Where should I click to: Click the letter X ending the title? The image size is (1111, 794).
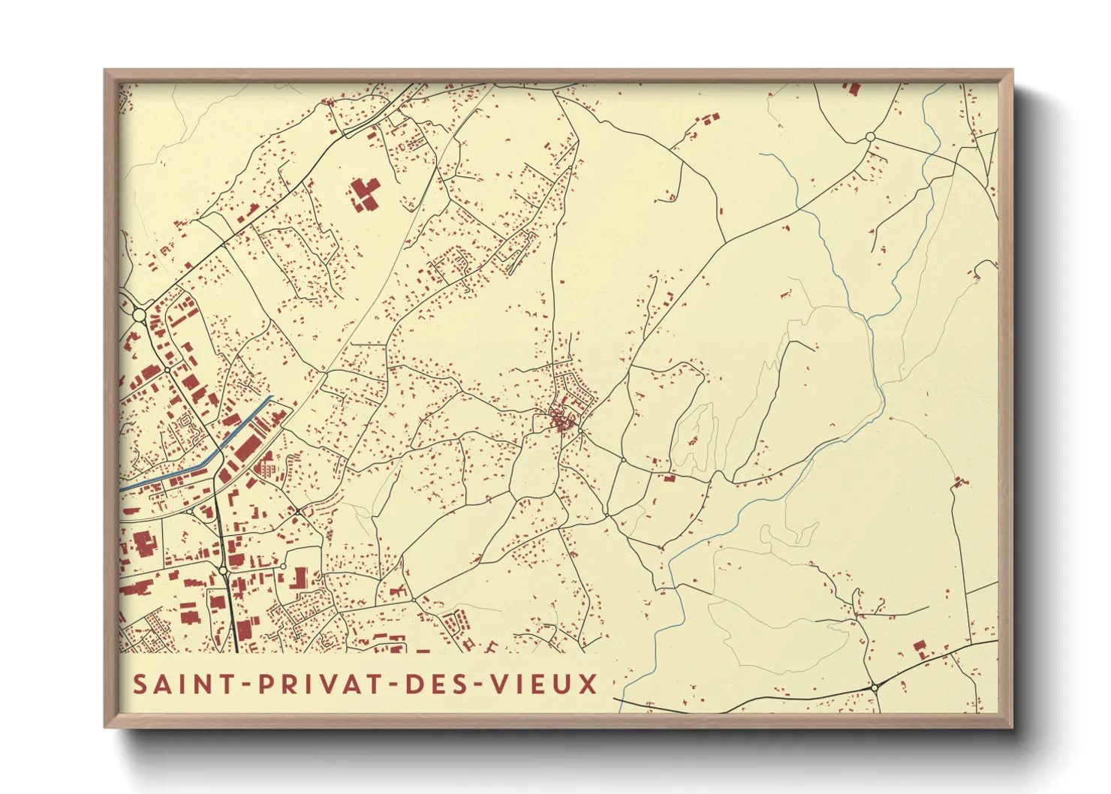[589, 684]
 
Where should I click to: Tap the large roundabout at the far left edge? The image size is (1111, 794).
[139, 314]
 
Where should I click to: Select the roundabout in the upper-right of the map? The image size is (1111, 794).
[870, 137]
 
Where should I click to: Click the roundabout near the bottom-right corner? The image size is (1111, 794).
[875, 687]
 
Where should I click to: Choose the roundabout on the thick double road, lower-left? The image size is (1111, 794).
[224, 571]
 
